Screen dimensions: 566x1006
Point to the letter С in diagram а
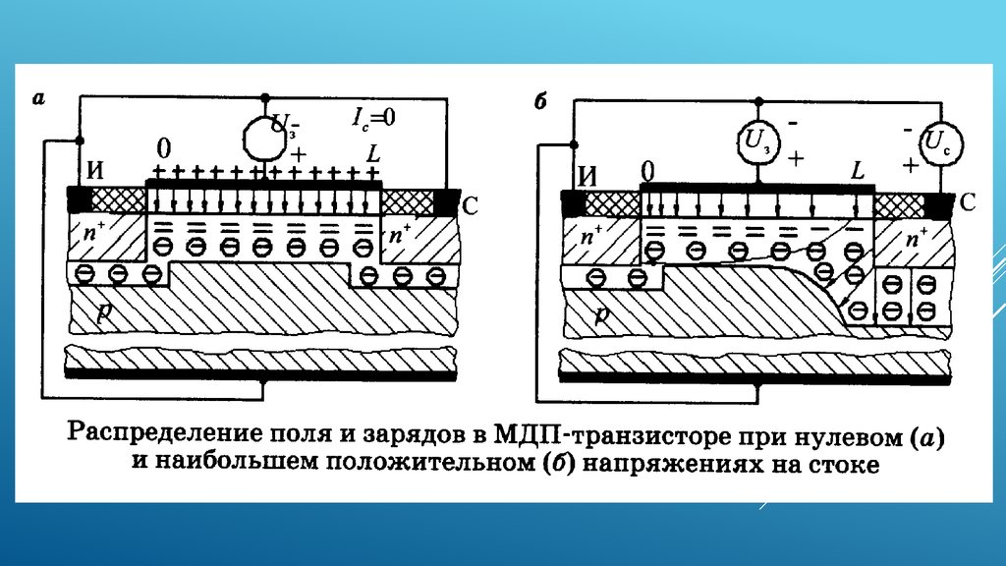(x=471, y=207)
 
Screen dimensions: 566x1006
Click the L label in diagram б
(x=858, y=169)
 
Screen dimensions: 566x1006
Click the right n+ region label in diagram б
(x=915, y=239)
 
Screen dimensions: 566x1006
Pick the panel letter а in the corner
(x=38, y=96)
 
